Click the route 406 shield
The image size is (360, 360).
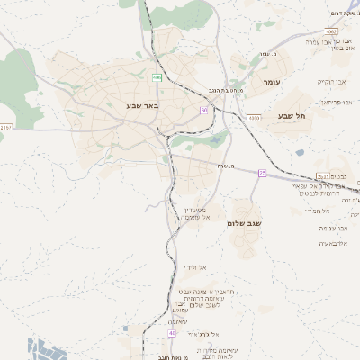click(157, 78)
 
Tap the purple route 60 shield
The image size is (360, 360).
click(204, 110)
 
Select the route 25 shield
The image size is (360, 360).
click(263, 172)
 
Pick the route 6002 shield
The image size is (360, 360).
click(331, 31)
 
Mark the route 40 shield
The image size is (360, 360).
click(172, 333)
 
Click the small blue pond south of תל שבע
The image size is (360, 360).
click(300, 152)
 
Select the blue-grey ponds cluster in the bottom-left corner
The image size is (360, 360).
click(43, 349)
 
